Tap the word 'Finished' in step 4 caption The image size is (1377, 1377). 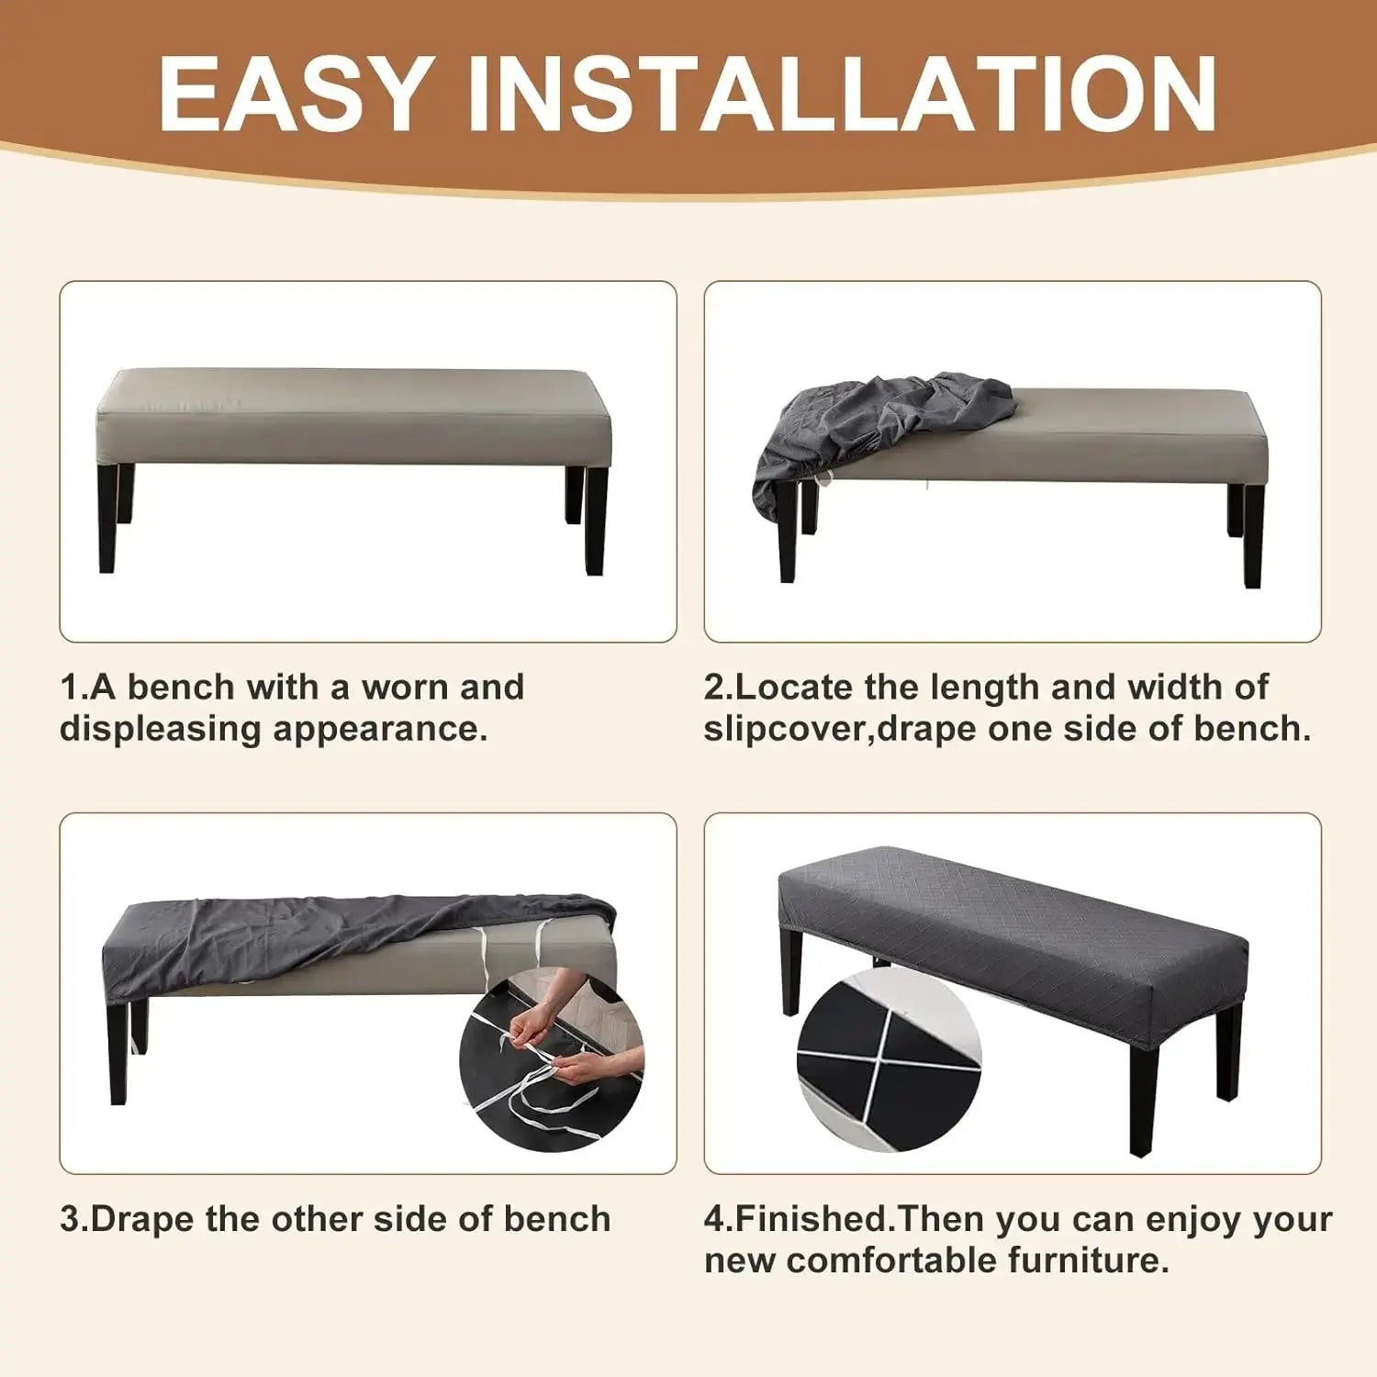[812, 1219]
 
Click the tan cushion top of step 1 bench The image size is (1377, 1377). [353, 390]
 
